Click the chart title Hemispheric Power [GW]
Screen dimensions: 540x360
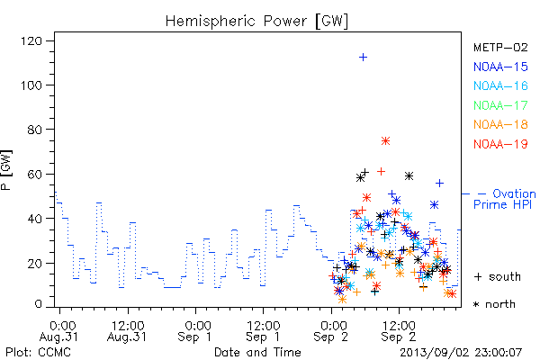click(x=256, y=21)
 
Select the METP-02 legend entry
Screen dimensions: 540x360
click(x=500, y=47)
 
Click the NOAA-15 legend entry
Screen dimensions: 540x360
click(x=500, y=67)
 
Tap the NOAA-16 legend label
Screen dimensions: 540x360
click(x=500, y=85)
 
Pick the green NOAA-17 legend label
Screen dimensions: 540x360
click(x=500, y=105)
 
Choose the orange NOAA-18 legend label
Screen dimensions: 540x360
click(x=500, y=124)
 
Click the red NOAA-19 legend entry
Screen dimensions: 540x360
click(x=500, y=144)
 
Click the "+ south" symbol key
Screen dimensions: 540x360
click(x=498, y=276)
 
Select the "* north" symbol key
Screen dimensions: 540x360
click(x=494, y=304)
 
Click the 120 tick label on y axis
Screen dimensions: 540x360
click(x=31, y=41)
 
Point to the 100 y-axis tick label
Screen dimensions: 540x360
click(x=31, y=85)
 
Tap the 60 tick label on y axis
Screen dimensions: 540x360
click(x=35, y=175)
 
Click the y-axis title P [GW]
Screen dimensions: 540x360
click(x=6, y=170)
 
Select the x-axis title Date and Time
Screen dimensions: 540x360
click(x=257, y=353)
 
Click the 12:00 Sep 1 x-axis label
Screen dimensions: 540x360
click(x=263, y=331)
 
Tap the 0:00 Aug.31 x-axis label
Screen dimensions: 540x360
click(x=59, y=331)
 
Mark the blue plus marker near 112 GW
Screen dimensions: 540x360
click(x=363, y=58)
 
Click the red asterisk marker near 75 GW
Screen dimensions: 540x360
click(x=385, y=140)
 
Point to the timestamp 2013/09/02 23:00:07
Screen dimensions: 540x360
click(x=461, y=353)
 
